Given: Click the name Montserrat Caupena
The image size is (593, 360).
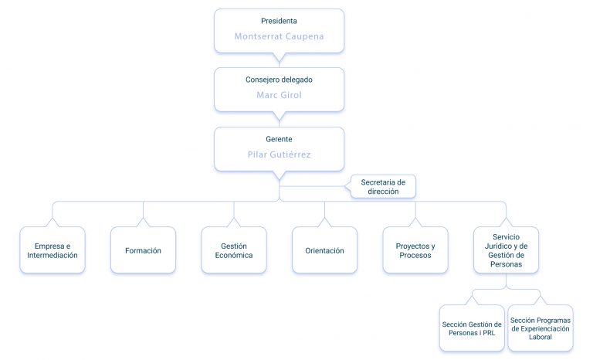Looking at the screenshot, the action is click(x=279, y=36).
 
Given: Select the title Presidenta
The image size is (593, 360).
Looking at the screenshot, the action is click(x=279, y=21).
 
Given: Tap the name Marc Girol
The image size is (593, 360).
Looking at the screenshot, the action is click(x=279, y=95).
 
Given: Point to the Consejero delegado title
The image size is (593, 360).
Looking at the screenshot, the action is click(x=279, y=80).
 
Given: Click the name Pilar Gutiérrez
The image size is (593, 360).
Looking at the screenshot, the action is click(x=279, y=155).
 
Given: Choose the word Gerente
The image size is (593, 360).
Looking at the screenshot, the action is click(x=279, y=139).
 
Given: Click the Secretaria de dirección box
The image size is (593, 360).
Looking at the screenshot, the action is click(x=383, y=187).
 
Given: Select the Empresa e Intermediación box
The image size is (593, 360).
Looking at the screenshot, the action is click(x=53, y=250).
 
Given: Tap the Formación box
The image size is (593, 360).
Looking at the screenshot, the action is click(x=144, y=250).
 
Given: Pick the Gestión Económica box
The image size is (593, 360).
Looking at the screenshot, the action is click(x=234, y=250).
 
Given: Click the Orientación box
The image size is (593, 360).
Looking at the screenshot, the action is click(x=325, y=250).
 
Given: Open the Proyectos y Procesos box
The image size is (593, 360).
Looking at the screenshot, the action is click(x=415, y=250).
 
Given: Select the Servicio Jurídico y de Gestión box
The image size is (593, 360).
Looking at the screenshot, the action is click(x=507, y=250).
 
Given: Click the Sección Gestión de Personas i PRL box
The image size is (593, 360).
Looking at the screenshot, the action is click(x=472, y=328).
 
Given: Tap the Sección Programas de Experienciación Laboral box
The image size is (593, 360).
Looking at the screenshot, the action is click(x=540, y=328).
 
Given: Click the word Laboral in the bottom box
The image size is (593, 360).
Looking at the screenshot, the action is click(x=540, y=337).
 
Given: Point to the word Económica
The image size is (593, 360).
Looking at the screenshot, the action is click(x=234, y=255).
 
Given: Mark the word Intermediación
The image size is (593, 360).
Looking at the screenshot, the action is click(x=53, y=255).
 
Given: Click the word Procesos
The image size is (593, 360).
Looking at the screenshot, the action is click(x=415, y=255).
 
